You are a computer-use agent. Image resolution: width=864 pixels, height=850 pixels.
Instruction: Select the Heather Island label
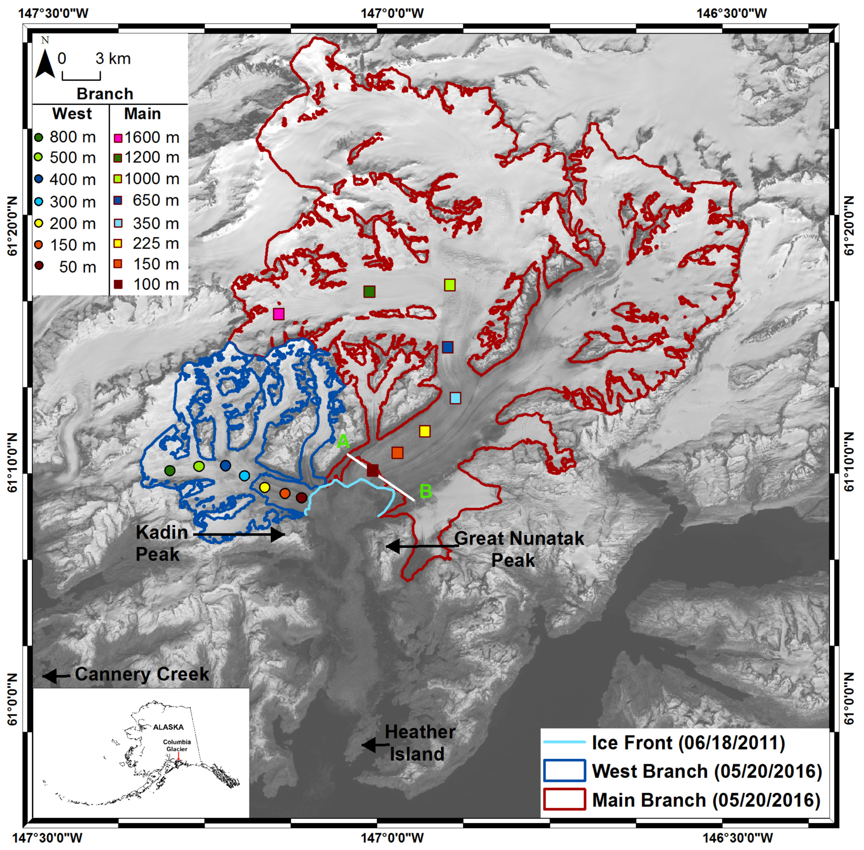[x=419, y=742]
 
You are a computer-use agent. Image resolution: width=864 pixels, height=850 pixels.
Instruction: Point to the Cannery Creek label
[x=142, y=674]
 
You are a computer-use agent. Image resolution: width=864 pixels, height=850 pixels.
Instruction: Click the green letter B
[x=425, y=491]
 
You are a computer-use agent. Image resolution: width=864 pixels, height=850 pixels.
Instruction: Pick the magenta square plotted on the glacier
[x=278, y=314]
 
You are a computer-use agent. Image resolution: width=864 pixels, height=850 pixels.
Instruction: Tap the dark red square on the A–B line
[x=373, y=470]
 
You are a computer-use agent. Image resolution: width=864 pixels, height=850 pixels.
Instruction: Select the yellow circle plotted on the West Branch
[x=265, y=487]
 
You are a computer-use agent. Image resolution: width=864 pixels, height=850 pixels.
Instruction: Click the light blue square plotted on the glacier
[x=455, y=398]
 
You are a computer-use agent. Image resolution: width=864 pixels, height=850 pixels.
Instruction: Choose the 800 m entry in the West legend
[x=65, y=137]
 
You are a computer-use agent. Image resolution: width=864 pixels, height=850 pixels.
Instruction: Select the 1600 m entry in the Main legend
[x=146, y=137]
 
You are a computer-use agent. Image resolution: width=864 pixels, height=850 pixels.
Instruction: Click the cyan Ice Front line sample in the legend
[x=564, y=742]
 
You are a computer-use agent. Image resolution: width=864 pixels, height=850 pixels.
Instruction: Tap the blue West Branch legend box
[x=564, y=771]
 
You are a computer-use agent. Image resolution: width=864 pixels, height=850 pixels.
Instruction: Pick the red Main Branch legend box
[x=564, y=799]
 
